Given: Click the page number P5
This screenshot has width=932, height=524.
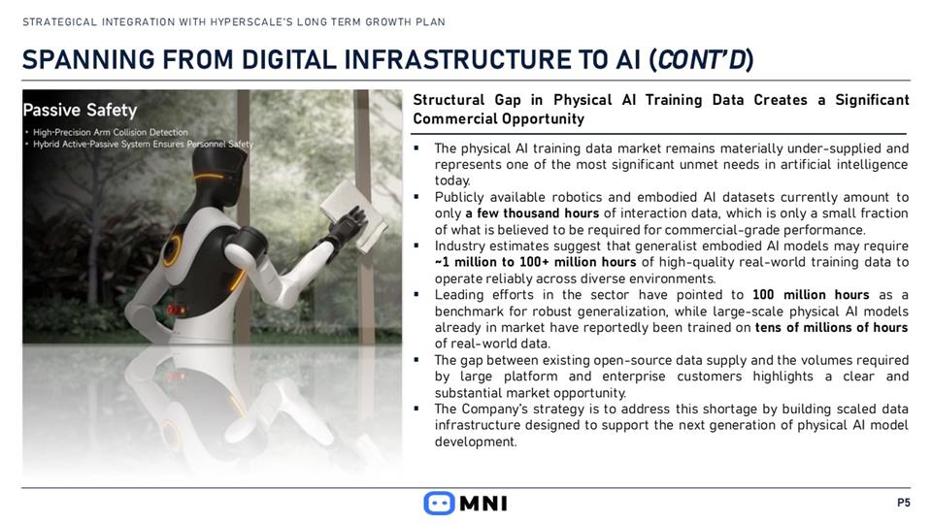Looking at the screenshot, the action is coord(904,503).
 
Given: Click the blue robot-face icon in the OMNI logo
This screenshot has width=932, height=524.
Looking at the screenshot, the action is coord(439,504).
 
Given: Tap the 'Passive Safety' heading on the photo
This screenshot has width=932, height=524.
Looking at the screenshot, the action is coord(80,110).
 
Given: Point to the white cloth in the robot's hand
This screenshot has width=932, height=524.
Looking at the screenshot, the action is coord(353,215).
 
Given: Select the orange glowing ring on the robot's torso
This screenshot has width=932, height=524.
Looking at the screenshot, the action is coord(174,249).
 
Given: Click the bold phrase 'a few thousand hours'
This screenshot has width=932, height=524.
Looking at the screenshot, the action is coord(532,213).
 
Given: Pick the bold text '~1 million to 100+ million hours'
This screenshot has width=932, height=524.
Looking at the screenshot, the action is coord(536,262).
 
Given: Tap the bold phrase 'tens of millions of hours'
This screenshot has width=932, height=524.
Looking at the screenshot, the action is coord(832,327).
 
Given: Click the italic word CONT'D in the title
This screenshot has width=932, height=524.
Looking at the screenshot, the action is coord(701,59).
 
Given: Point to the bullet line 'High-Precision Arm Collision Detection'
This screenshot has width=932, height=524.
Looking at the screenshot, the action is coord(111,133).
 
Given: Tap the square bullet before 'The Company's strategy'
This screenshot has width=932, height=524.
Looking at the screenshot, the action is coord(416,409).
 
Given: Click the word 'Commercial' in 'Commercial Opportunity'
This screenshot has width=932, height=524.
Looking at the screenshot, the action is coord(452,118).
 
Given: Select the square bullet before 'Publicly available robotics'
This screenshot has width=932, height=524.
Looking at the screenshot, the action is coord(416,196).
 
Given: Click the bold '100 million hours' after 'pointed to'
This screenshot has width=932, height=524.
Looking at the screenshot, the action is coord(811,295).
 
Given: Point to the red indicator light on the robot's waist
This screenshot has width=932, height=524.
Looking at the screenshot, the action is coord(176,310).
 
